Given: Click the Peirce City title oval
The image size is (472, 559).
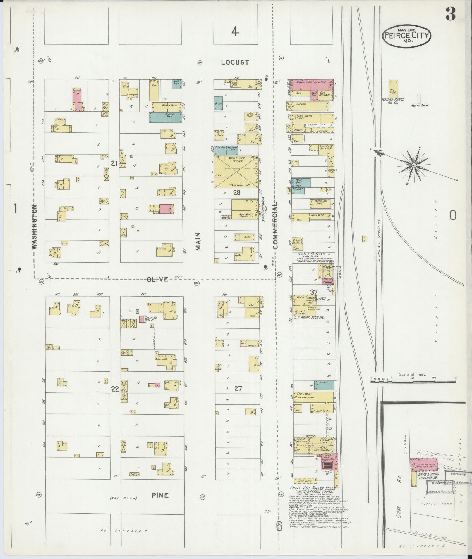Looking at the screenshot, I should coord(406,36).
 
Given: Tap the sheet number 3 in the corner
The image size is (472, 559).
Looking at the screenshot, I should coord(451,14).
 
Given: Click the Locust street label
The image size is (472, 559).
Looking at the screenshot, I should coord(235,62).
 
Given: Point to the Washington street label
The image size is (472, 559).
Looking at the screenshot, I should coord(35,227).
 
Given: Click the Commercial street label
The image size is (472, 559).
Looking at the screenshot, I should coord(275,225).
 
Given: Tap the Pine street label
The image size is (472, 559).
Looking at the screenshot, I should coord(160,495).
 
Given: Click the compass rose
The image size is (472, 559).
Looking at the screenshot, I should coord(414,165).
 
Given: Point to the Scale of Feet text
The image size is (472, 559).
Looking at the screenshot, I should coord(413,374).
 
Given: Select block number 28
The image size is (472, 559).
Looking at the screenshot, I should coord(236,192).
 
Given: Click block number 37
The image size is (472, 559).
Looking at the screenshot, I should coord(314,292).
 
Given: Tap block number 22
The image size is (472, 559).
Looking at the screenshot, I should coord(115,389).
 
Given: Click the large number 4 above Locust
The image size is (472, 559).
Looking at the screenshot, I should coord(235,31).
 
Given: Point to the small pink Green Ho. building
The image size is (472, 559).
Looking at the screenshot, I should coord(142,319).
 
